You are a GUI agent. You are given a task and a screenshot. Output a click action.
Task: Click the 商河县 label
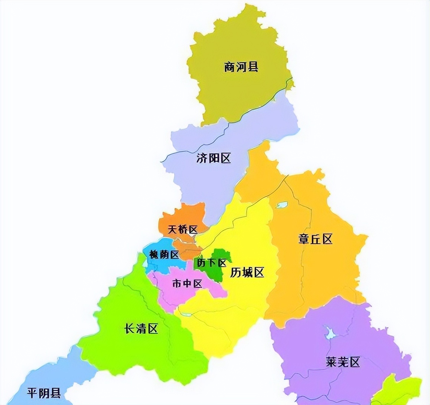pyautogui.click(x=241, y=67)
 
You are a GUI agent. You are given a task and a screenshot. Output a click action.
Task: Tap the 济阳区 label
pyautogui.click(x=214, y=158)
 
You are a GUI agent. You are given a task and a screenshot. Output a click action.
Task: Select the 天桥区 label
pyautogui.click(x=183, y=230)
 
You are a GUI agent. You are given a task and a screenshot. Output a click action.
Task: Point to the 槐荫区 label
pyautogui.click(x=164, y=254)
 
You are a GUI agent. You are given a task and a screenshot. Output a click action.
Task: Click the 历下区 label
pyautogui.click(x=212, y=263)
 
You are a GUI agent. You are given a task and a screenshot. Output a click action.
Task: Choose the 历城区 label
pyautogui.click(x=247, y=273)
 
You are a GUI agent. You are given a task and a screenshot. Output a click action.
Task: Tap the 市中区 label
pyautogui.click(x=188, y=284)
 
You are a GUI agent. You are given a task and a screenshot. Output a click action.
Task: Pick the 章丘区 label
pyautogui.click(x=315, y=239)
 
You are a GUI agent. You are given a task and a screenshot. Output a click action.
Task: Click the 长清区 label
pyautogui.click(x=141, y=328)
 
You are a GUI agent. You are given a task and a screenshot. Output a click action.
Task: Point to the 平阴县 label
pyautogui.click(x=44, y=393)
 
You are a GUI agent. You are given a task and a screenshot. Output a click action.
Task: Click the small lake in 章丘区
pyautogui.click(x=282, y=205)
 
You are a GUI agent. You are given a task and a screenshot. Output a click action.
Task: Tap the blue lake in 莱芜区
pyautogui.click(x=329, y=333)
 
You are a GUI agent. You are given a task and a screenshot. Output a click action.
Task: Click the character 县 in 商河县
pyautogui.click(x=253, y=67)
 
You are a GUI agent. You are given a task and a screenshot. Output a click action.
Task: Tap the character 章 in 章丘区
pyautogui.click(x=303, y=239)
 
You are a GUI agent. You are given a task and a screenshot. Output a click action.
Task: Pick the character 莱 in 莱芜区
pyautogui.click(x=331, y=362)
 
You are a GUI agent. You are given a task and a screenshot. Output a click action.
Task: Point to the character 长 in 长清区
pyautogui.click(x=130, y=328)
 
